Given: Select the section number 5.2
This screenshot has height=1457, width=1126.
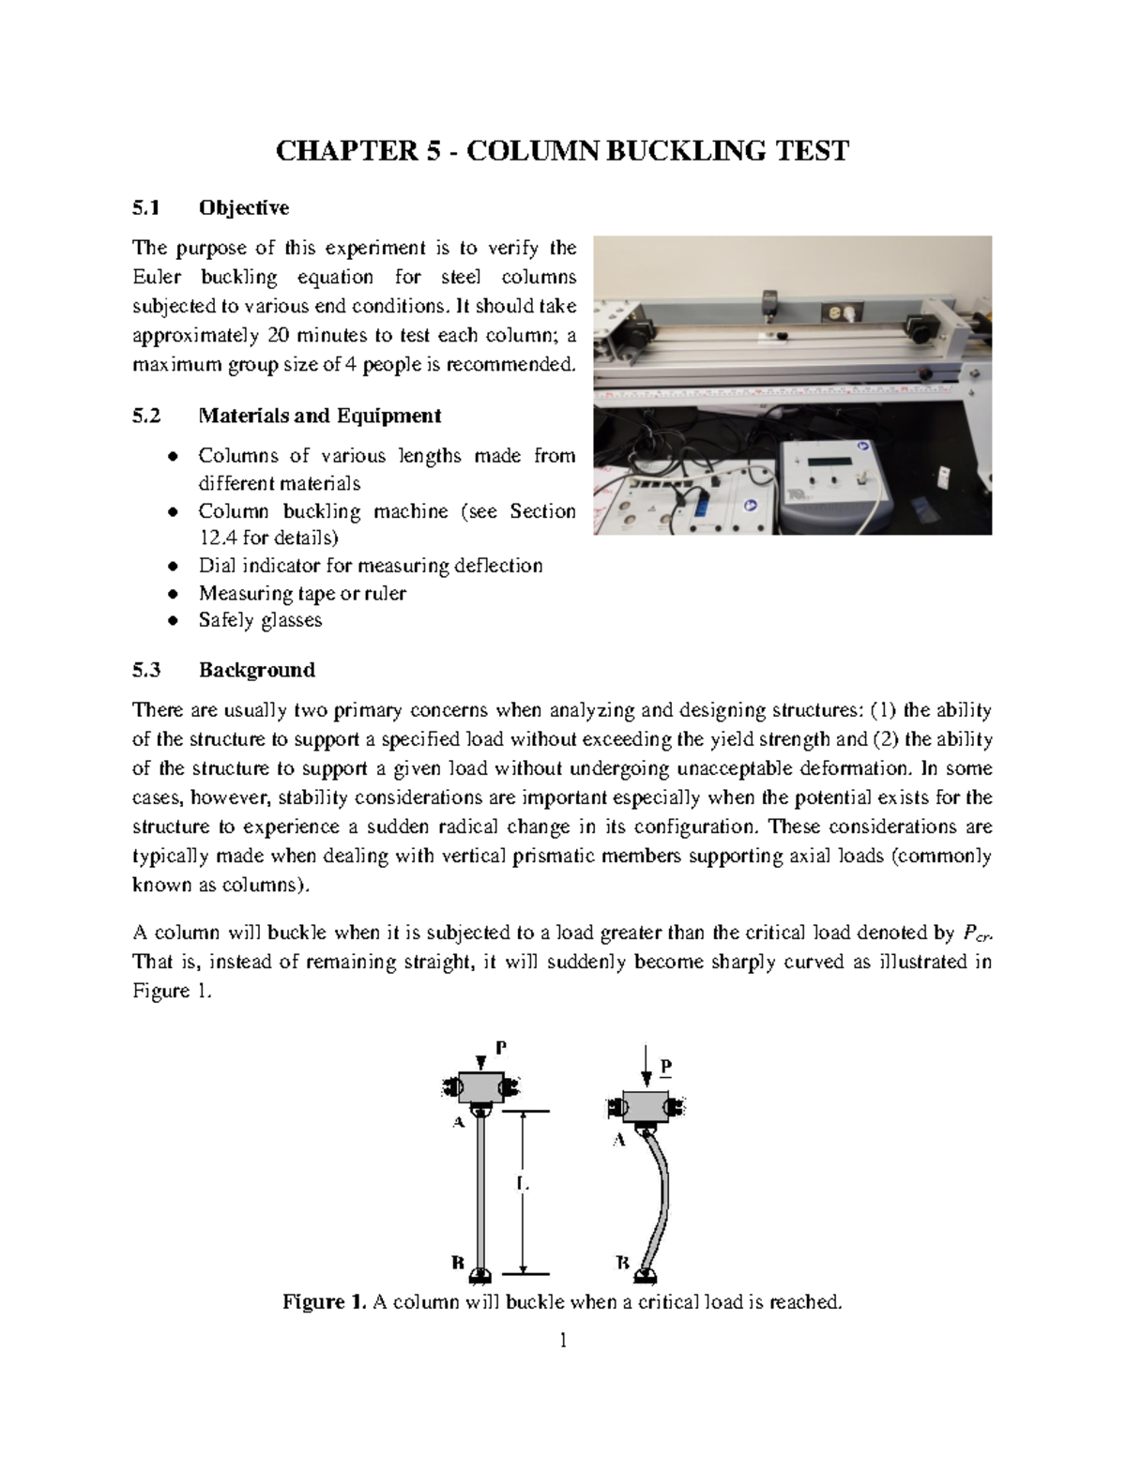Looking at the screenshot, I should click(146, 416).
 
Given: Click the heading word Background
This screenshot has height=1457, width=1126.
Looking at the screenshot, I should click(256, 670).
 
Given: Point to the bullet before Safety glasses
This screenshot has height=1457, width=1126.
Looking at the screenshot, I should click(172, 621).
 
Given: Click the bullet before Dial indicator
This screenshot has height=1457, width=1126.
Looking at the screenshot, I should click(172, 567).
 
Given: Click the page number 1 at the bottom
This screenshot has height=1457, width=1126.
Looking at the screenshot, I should click(563, 1341).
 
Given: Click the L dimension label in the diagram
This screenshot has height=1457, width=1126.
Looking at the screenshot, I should click(522, 1185).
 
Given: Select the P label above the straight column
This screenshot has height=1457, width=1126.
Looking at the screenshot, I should click(500, 1050).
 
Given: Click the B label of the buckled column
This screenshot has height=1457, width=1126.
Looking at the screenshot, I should click(621, 1263).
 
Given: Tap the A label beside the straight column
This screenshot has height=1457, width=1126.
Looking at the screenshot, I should click(459, 1122).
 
